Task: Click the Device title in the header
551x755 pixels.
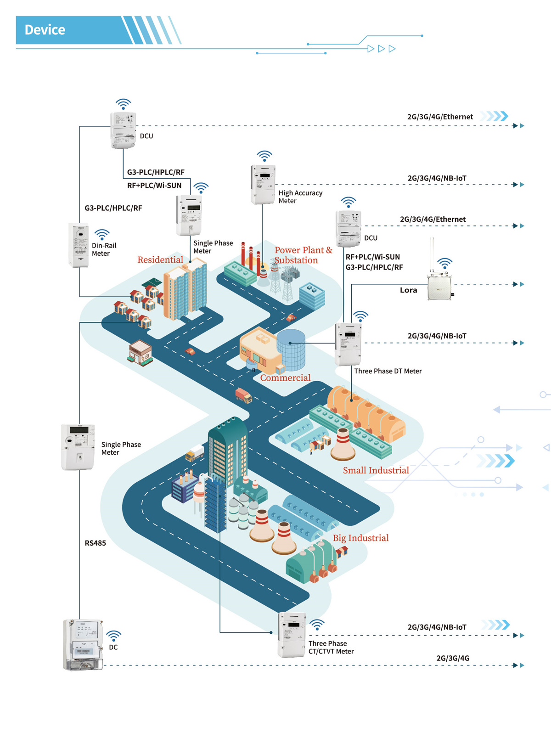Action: [45, 30]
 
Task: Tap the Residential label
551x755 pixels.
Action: [160, 260]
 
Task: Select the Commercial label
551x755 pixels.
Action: [285, 378]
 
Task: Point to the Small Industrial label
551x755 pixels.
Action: [376, 470]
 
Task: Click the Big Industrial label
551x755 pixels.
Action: [360, 538]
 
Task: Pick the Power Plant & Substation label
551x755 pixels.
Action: [303, 255]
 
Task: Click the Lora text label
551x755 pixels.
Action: [408, 290]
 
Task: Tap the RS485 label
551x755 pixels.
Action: [95, 543]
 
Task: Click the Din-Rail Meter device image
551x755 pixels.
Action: [79, 245]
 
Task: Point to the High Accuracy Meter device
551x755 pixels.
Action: [263, 185]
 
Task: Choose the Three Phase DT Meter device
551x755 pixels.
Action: [348, 344]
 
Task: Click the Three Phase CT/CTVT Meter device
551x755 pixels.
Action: [292, 635]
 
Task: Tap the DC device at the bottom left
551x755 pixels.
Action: [83, 645]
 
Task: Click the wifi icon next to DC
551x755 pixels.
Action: [113, 636]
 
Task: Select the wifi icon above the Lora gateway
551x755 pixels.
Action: [444, 263]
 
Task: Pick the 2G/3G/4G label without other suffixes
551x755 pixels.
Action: [453, 659]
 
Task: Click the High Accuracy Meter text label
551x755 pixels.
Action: [300, 197]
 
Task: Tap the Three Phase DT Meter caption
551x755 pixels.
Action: [388, 371]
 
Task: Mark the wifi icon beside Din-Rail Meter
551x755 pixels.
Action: [102, 234]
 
